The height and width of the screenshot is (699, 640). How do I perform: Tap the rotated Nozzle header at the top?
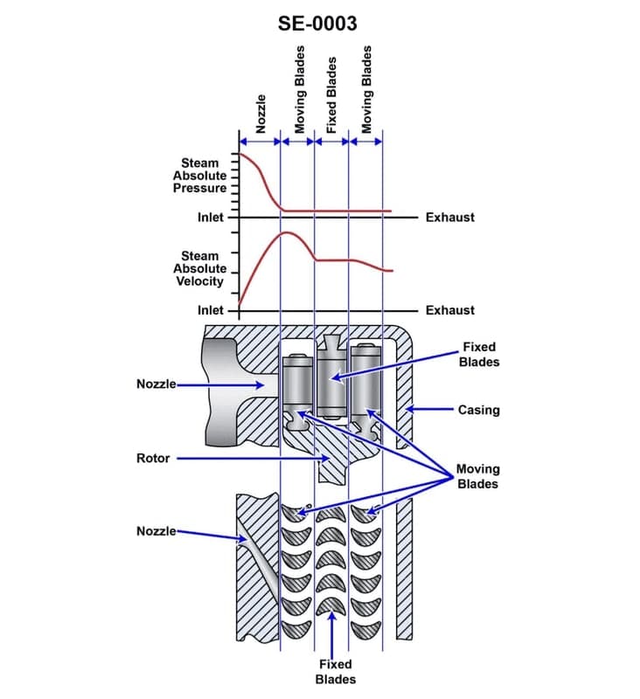pyautogui.click(x=261, y=114)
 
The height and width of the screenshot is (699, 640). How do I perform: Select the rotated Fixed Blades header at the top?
pyautogui.click(x=331, y=96)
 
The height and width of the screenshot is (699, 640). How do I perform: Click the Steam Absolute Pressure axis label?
pyautogui.click(x=199, y=176)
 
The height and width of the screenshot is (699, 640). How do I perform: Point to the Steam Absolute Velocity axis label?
pyautogui.click(x=199, y=268)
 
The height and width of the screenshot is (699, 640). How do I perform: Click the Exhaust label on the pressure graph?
pyautogui.click(x=449, y=217)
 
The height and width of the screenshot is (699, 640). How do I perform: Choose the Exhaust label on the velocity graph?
pyautogui.click(x=449, y=310)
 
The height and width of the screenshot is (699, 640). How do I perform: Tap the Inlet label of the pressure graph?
pyautogui.click(x=211, y=217)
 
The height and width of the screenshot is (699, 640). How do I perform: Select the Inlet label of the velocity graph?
pyautogui.click(x=211, y=310)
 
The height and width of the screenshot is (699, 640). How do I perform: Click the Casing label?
pyautogui.click(x=478, y=409)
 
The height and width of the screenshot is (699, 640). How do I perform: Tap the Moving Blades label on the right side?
pyautogui.click(x=477, y=476)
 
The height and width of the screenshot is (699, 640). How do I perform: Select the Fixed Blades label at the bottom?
pyautogui.click(x=336, y=671)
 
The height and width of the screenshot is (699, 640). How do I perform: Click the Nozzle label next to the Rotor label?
pyautogui.click(x=157, y=384)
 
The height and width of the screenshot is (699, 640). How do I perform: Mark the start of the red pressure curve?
pyautogui.click(x=240, y=155)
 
